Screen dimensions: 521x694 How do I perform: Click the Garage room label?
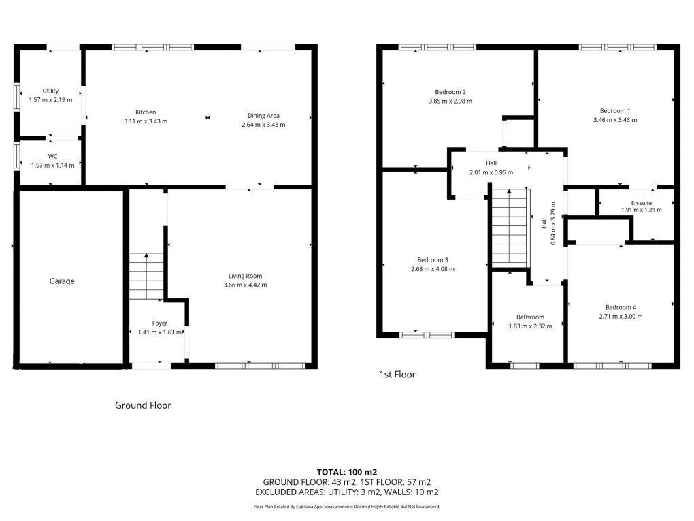pos(62,281)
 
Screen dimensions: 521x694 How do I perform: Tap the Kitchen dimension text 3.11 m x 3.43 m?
pos(146,121)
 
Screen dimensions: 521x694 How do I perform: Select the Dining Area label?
pos(263,116)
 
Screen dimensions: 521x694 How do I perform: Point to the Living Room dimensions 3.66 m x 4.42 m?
pos(245,285)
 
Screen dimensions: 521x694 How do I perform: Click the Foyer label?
pos(159,323)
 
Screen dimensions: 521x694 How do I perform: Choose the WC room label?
pos(52,156)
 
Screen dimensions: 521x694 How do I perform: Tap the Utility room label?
pos(50,91)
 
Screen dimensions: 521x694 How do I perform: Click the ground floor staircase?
pos(146,277)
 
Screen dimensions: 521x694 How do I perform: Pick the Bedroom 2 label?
pos(450,92)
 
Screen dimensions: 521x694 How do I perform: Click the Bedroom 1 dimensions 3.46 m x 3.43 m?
pos(614,120)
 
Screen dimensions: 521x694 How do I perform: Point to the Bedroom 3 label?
pos(433,259)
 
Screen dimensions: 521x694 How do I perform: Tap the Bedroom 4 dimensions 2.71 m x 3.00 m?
pos(621,316)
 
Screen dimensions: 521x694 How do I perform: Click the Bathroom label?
pos(530,317)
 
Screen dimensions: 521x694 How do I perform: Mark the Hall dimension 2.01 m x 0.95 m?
pos(491,172)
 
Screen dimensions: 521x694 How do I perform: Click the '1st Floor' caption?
pos(397,375)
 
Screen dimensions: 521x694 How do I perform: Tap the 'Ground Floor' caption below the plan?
pos(143,405)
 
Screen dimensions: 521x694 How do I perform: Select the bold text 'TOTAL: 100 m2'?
pos(347,472)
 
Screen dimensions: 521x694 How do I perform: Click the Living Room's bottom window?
pos(259,366)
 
